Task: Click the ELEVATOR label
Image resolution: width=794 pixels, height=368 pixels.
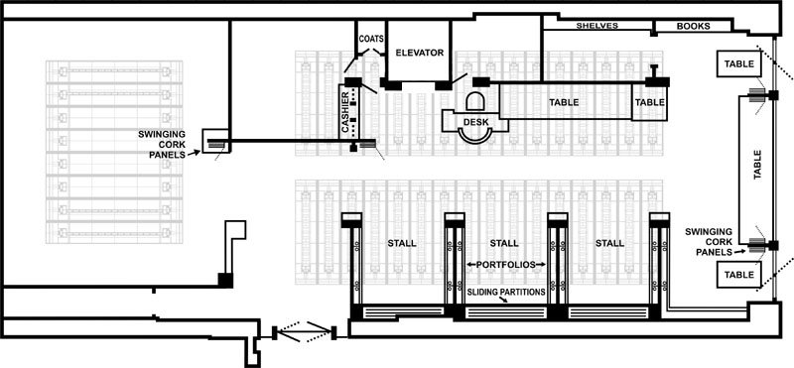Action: coord(419,53)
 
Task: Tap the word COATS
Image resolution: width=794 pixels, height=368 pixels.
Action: coord(371,39)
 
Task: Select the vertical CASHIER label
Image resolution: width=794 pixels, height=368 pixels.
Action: coord(345,113)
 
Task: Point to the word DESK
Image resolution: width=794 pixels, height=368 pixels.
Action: coord(475,122)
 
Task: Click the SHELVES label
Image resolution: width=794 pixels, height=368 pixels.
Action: coord(597,26)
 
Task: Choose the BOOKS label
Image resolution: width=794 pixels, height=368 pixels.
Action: coord(693,27)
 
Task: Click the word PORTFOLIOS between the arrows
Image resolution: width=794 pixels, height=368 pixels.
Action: coord(505,264)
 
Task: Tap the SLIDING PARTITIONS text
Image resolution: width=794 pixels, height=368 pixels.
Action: coord(506,292)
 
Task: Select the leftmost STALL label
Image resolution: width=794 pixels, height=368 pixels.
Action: coord(402,243)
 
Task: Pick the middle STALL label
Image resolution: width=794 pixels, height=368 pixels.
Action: coord(504,243)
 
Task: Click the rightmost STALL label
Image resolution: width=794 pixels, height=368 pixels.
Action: coord(609,243)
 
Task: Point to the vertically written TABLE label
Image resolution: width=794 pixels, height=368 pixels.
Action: coord(757,165)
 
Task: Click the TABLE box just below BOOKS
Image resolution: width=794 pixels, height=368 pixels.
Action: coord(739,63)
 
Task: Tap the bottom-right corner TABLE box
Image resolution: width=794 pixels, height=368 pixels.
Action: coord(739,275)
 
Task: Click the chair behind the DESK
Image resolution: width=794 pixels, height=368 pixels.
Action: coord(475,102)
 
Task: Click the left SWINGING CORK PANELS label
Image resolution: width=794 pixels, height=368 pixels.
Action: coord(162,144)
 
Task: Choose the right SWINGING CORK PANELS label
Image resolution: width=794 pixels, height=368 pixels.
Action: coord(709,242)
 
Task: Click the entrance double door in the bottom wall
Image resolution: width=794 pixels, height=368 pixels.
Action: coord(304,331)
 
